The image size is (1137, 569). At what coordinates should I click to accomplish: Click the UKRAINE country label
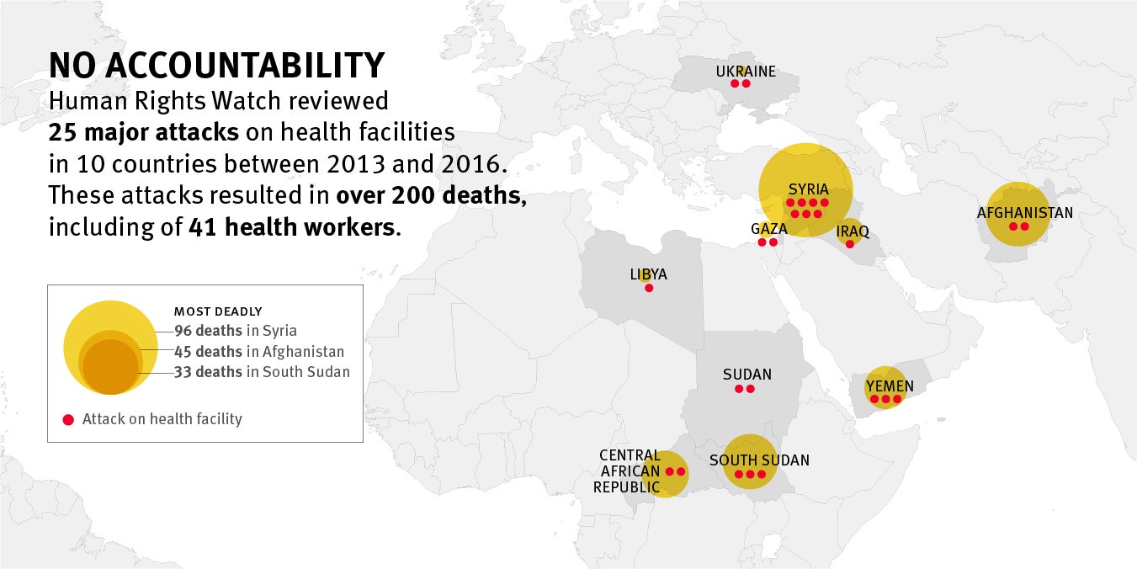746,72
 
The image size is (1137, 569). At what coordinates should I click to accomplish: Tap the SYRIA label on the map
808,189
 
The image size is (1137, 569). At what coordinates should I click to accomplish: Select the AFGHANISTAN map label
1024,213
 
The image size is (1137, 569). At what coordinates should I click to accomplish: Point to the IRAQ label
853,231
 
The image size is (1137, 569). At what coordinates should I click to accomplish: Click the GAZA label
769,229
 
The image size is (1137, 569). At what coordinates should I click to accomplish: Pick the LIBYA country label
648,274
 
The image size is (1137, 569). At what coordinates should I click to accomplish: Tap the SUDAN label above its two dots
746,375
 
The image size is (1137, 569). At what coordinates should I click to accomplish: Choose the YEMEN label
890,386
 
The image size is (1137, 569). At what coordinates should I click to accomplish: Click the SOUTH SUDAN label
759,460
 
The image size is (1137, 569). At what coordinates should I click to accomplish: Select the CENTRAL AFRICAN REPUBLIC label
629,471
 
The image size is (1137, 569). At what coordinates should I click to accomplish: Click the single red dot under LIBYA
648,288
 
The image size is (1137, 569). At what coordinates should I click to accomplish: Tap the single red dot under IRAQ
849,244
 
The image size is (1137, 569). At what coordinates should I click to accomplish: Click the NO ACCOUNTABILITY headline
216,66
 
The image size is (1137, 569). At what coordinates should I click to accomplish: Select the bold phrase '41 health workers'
291,226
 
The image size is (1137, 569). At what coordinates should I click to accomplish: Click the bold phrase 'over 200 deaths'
431,195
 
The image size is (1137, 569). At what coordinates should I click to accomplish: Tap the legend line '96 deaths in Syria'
235,331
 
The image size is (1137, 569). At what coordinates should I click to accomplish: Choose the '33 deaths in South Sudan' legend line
262,372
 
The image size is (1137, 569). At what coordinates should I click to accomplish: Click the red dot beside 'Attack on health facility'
68,419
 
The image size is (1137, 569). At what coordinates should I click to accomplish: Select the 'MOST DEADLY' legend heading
218,311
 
